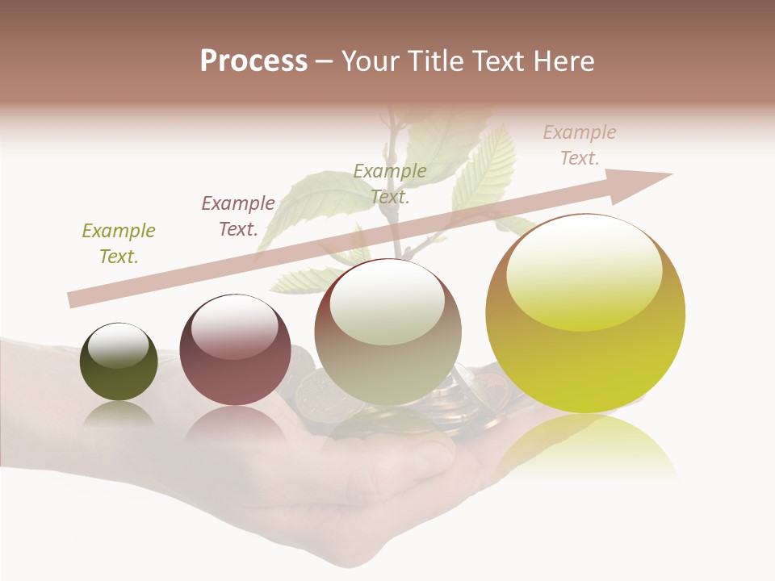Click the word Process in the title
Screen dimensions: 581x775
coord(253,61)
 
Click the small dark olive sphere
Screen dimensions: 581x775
coord(119,362)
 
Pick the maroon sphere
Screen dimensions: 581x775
coord(235,349)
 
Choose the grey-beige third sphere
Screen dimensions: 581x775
coord(388,332)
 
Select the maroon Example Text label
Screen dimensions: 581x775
coord(238,216)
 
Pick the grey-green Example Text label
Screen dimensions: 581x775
coord(390,183)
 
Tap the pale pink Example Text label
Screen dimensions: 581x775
coord(580,145)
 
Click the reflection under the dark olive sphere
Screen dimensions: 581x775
coord(119,415)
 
